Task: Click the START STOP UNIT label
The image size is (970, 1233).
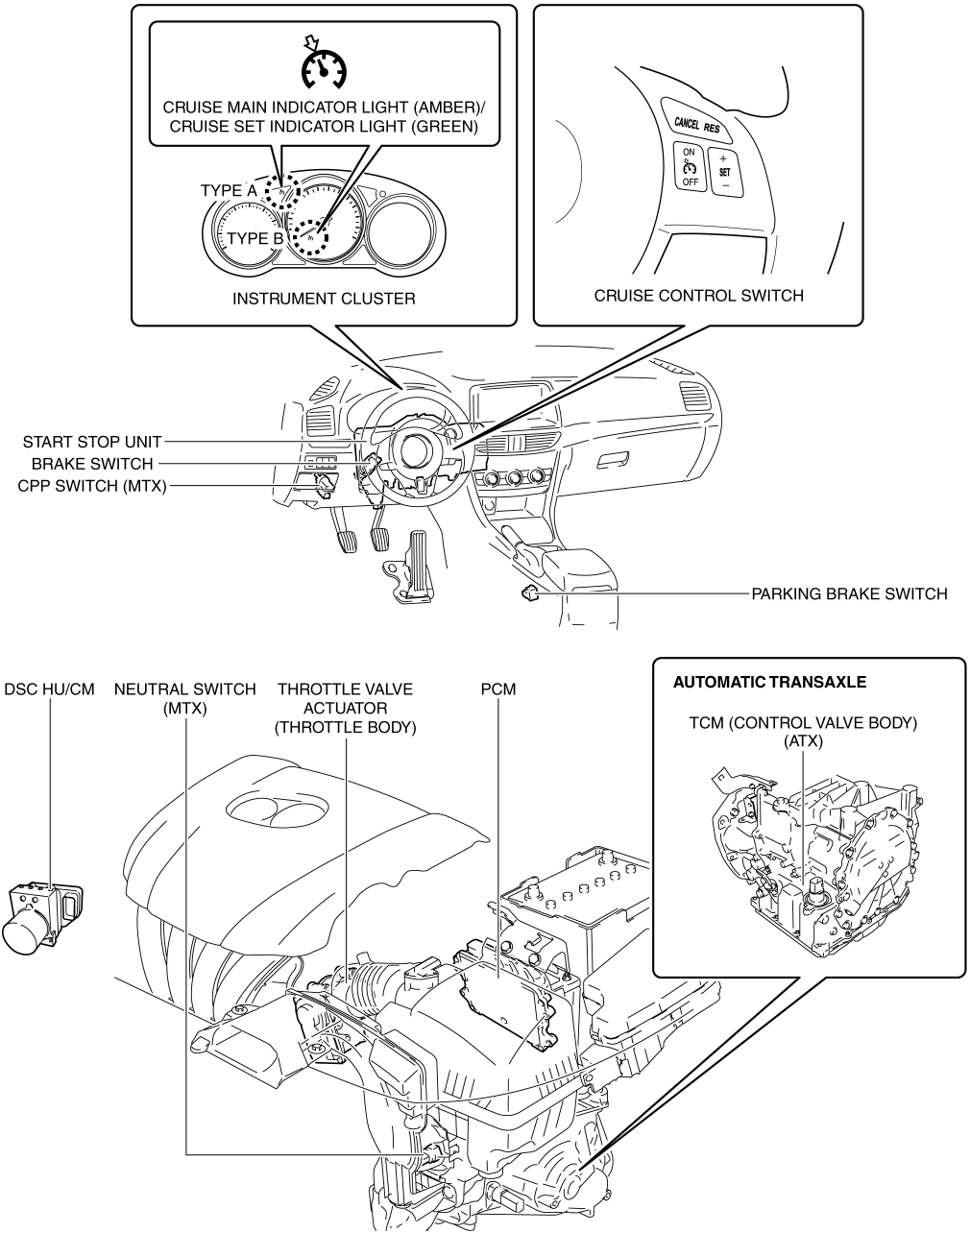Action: (x=92, y=442)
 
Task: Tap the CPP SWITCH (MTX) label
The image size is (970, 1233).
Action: (x=92, y=486)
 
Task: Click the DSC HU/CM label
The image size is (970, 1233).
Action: (x=50, y=689)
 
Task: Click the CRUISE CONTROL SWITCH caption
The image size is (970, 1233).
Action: (x=698, y=296)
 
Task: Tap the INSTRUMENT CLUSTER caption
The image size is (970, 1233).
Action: (x=324, y=299)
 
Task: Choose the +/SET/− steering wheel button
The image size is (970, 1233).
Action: (x=725, y=171)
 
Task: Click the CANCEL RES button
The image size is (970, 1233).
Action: (x=697, y=124)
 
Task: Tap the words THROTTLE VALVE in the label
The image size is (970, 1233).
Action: (x=346, y=689)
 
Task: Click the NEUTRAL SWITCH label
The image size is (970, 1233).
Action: (x=184, y=689)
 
